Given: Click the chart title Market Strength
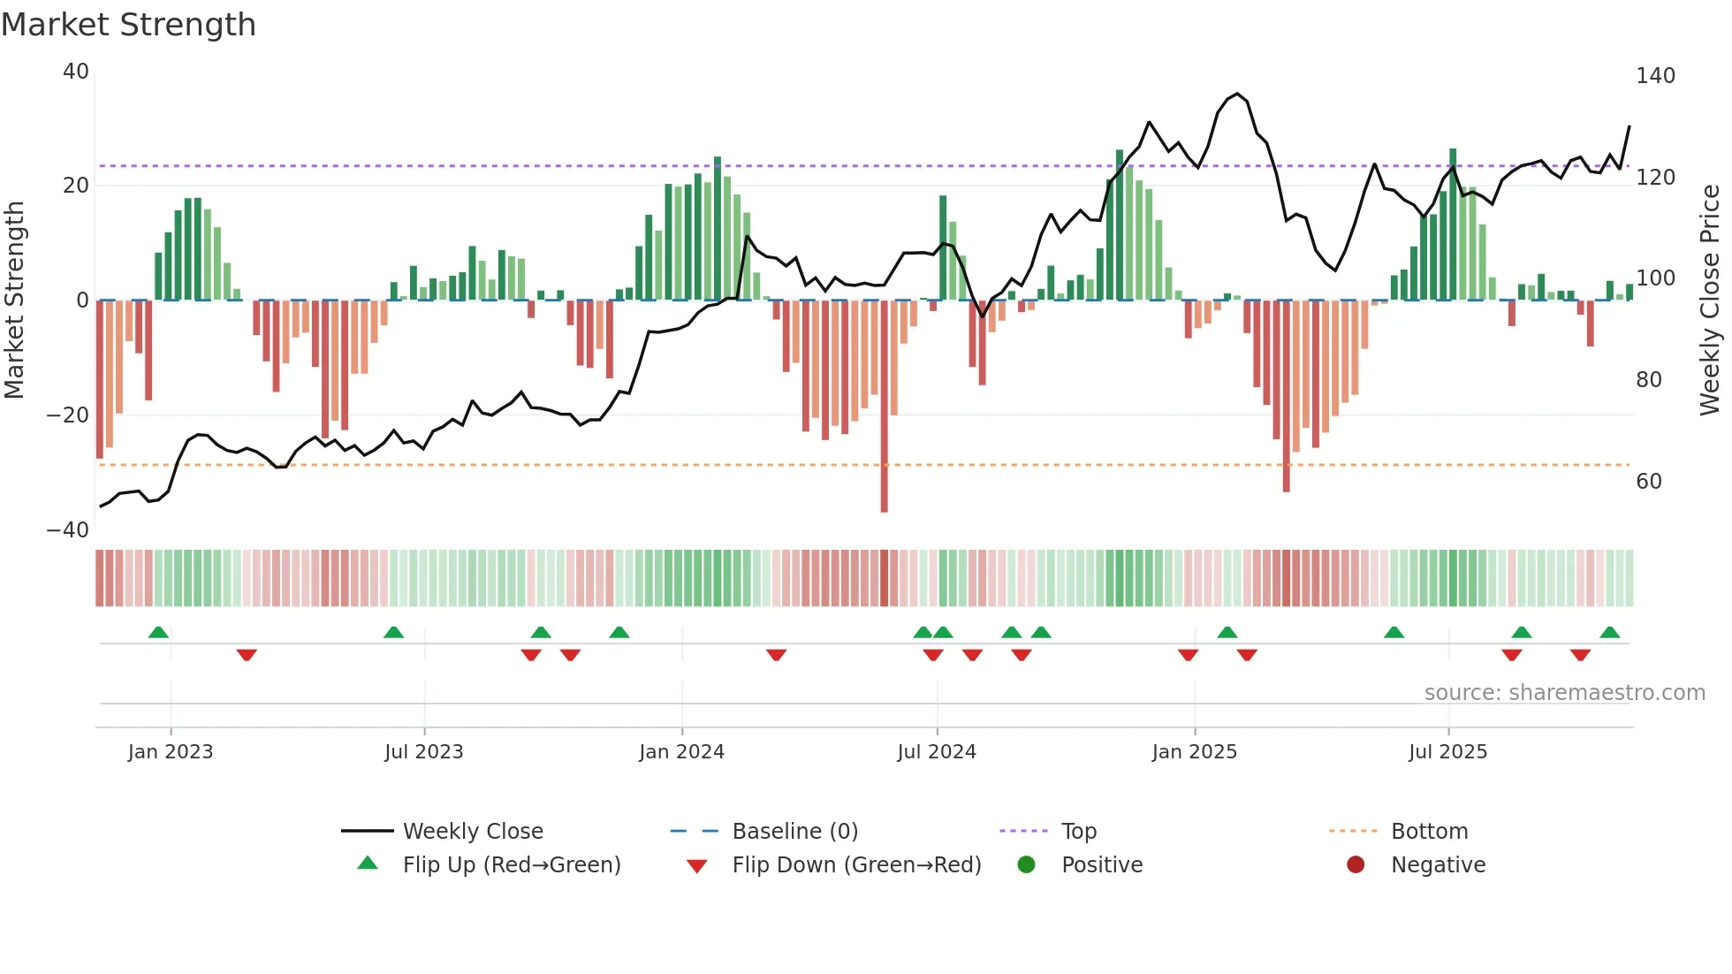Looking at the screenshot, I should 128,25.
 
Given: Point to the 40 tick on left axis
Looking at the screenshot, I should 76,72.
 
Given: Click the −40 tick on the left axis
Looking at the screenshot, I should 68,530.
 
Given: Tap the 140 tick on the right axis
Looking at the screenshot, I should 1654,76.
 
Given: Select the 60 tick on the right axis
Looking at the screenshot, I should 1648,482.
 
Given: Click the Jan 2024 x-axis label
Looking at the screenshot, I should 681,752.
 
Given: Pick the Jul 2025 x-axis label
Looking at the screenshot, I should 1447,752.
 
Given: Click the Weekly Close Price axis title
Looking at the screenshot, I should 1710,301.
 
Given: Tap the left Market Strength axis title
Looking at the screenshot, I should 15,301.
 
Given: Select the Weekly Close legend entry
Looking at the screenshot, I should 472,832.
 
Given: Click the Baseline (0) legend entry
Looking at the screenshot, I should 794,832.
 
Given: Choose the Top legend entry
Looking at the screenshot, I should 1078,832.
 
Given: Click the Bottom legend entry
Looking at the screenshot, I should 1429,832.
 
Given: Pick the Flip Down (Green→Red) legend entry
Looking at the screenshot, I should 855,865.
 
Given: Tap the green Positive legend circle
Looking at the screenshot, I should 1026,864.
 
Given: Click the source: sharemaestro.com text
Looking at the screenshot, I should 1564,693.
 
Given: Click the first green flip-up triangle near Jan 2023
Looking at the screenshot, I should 158,632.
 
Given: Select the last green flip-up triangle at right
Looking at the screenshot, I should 1609,632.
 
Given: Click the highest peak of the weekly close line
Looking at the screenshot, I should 1237,94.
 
